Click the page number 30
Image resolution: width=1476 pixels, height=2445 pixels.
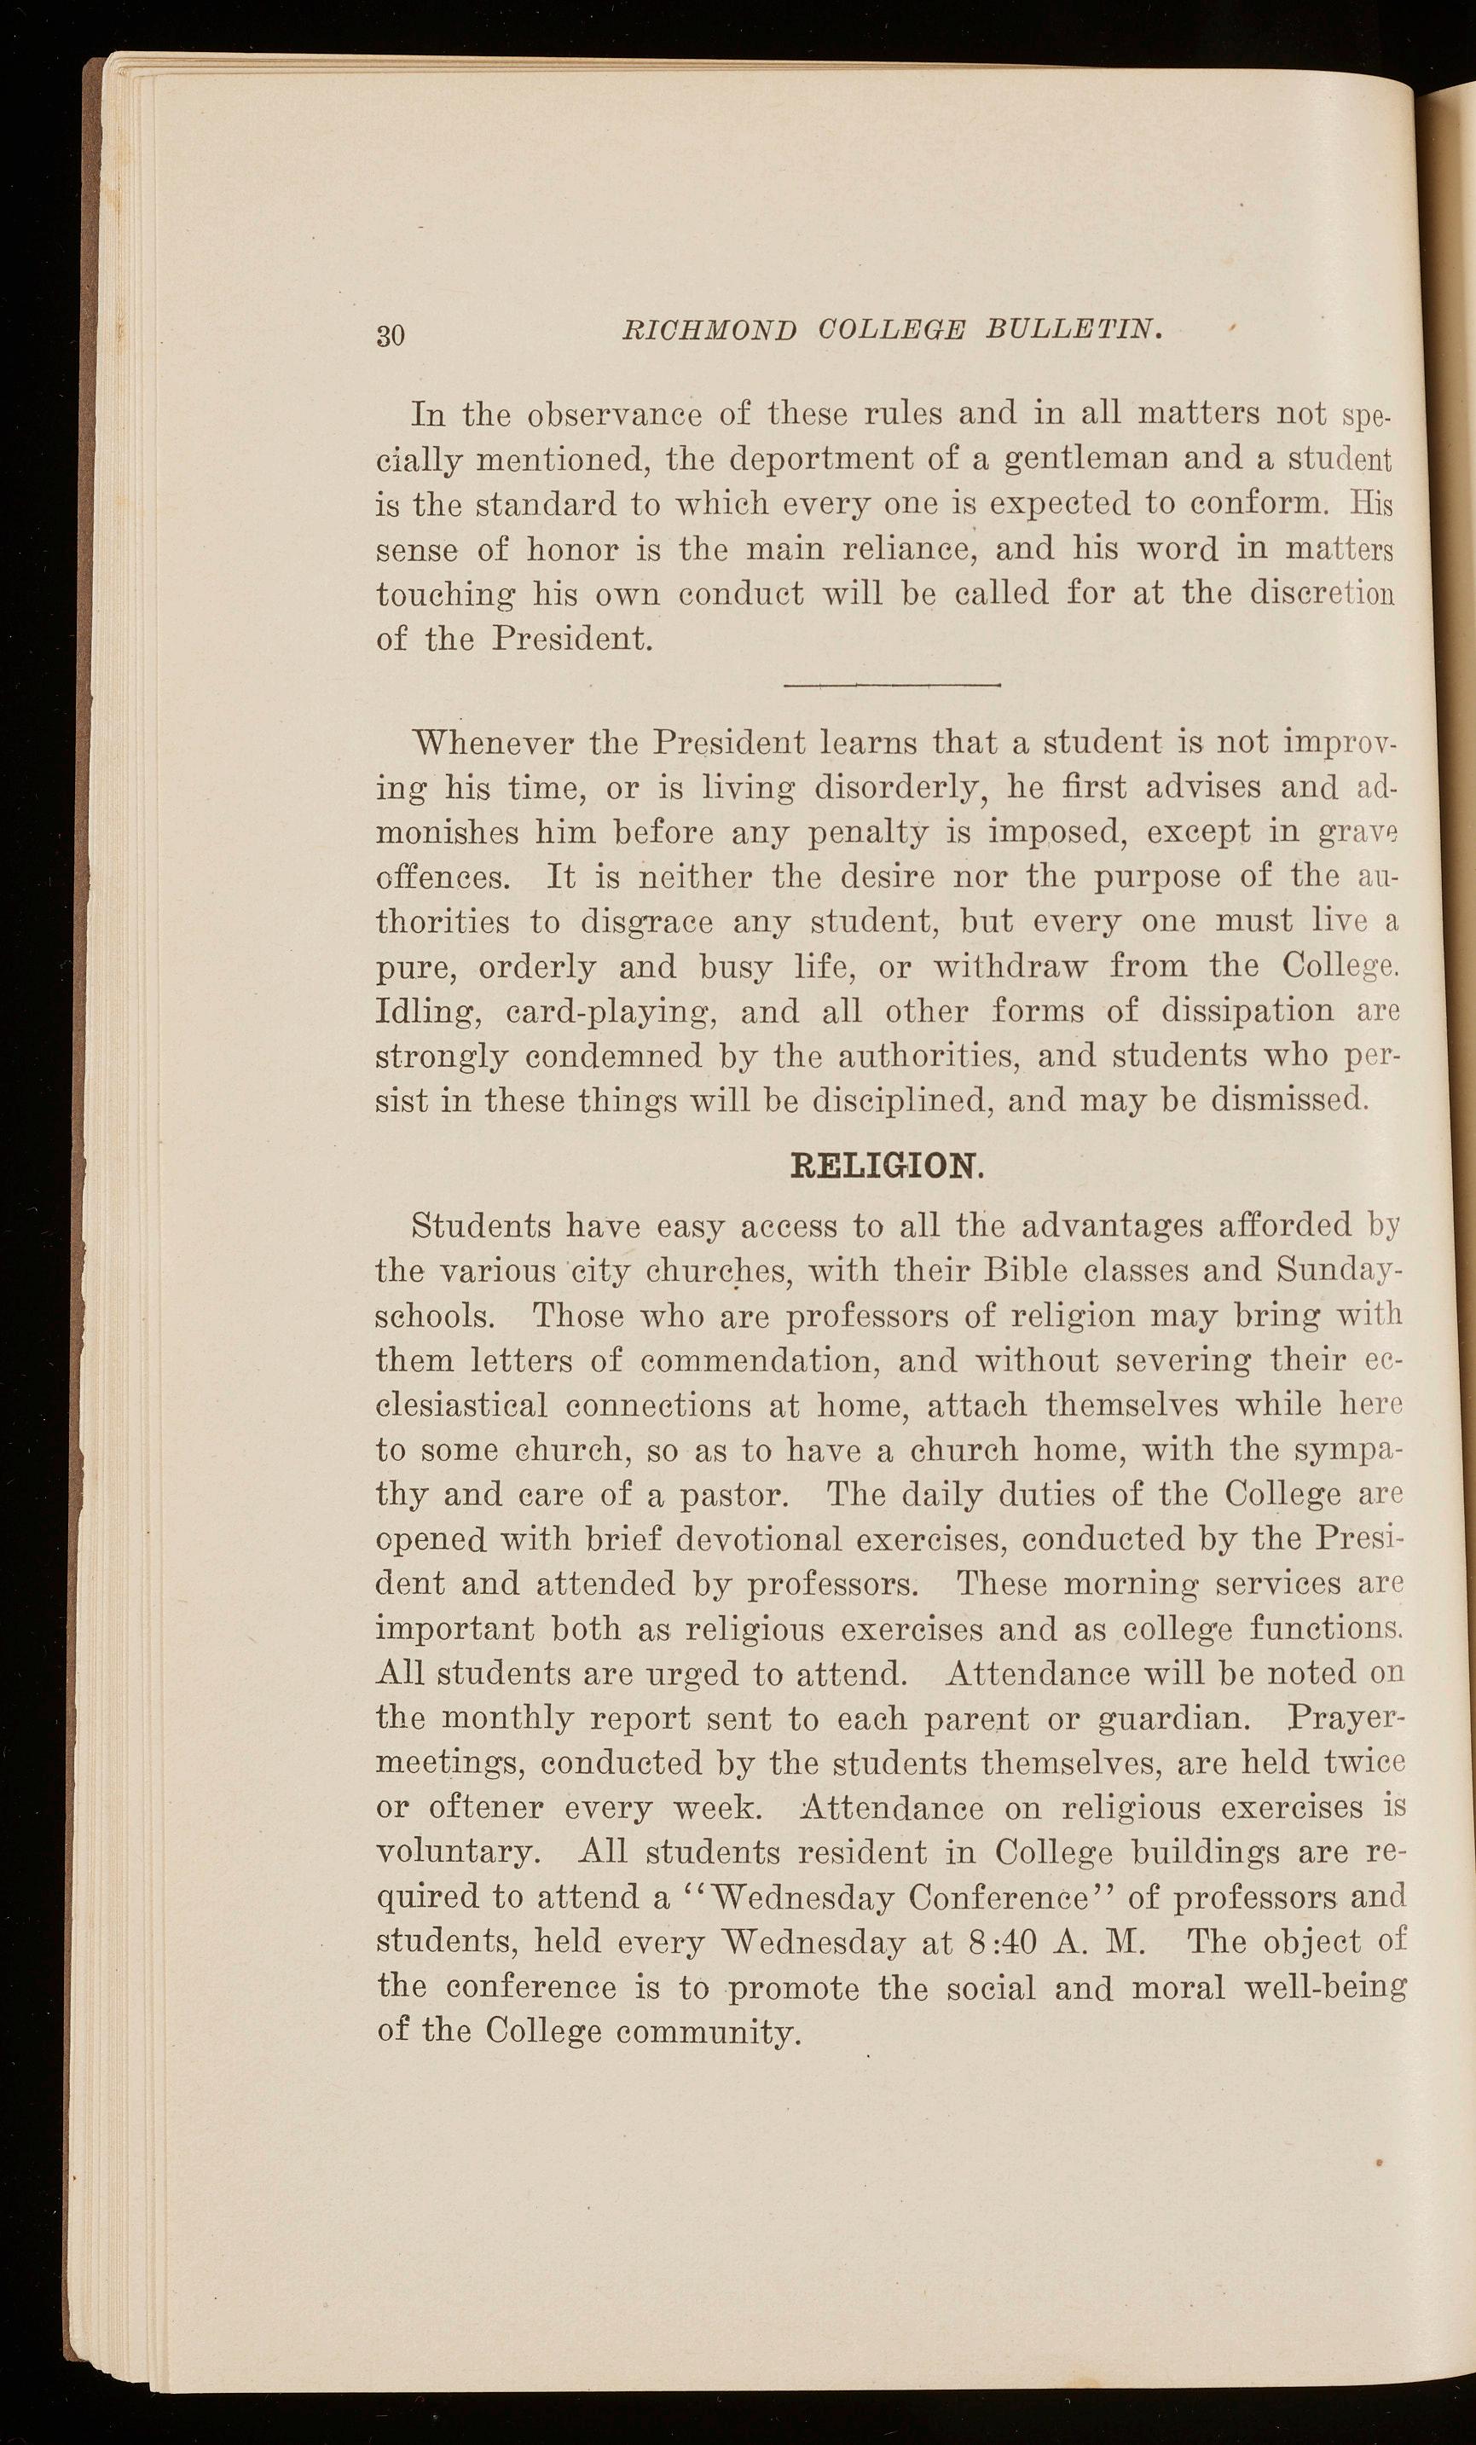[x=391, y=334]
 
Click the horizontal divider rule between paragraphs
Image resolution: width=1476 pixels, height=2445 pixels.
[x=889, y=684]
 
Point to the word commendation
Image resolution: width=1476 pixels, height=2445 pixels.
[x=760, y=1360]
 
